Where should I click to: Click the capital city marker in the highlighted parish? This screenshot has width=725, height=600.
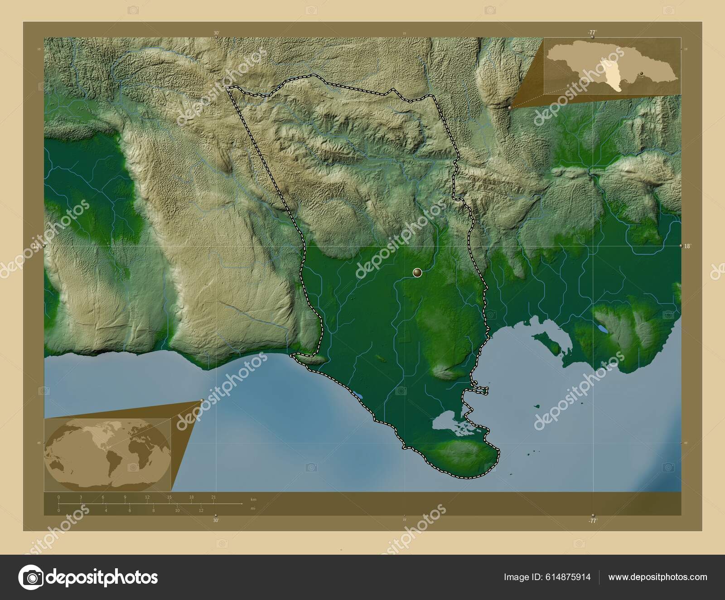417,272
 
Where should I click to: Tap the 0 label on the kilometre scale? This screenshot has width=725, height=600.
58,497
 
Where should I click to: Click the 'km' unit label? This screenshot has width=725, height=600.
253,499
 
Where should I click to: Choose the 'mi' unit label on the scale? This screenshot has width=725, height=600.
252,508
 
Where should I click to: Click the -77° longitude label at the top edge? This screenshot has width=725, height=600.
592,33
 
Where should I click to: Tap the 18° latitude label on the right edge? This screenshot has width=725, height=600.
687,246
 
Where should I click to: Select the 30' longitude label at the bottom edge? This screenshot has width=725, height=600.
216,521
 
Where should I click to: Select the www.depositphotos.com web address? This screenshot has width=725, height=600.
657,577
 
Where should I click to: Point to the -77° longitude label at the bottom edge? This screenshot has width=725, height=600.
592,521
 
